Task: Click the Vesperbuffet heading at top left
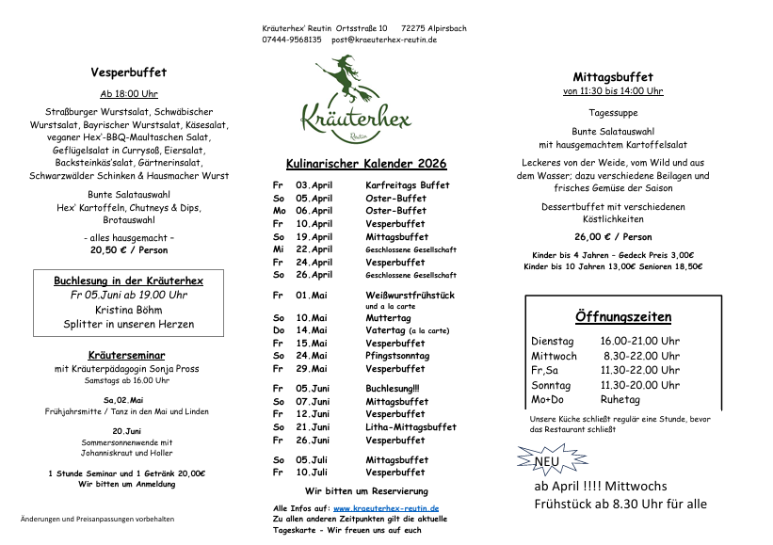coord(129,72)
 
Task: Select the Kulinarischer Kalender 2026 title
coord(366,164)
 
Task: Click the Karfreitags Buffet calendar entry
coord(407,185)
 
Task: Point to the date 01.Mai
coord(312,295)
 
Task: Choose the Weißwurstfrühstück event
coord(410,295)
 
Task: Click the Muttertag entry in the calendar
coord(387,318)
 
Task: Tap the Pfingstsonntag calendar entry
coord(397,356)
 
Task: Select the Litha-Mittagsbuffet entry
coord(411,427)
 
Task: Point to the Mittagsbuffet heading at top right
coord(613,77)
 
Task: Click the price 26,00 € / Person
coord(613,237)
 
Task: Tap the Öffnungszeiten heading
coord(623,316)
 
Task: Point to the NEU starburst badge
coord(545,461)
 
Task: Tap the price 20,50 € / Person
coord(129,250)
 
